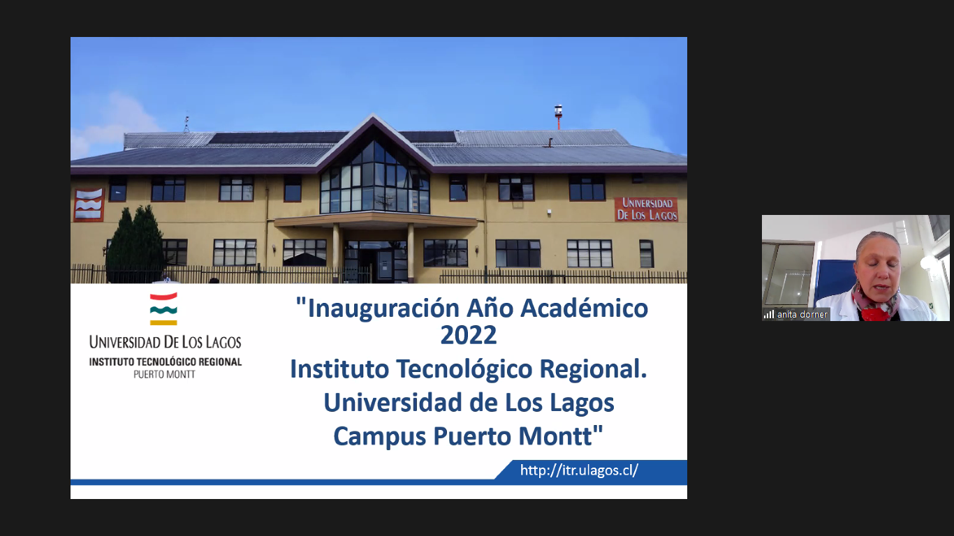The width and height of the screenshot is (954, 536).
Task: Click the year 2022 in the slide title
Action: click(468, 335)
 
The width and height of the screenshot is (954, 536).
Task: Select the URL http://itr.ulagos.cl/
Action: click(579, 470)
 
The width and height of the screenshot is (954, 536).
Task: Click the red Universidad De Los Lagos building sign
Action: click(647, 209)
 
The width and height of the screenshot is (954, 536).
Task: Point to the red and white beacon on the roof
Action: click(558, 117)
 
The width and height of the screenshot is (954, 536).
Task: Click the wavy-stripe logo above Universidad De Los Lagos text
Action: click(163, 309)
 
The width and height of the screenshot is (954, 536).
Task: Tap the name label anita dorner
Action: click(802, 315)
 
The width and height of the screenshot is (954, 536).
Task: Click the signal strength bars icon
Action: click(769, 315)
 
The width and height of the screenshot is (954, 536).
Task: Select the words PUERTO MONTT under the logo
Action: click(164, 375)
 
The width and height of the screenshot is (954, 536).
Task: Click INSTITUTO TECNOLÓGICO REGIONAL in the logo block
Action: click(166, 362)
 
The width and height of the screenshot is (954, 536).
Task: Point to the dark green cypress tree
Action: click(135, 244)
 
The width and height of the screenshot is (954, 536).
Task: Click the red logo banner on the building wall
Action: click(89, 204)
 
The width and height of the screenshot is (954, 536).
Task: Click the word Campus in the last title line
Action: click(379, 437)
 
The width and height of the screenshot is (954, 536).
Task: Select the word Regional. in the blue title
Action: click(593, 369)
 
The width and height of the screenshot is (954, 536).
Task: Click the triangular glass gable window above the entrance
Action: click(375, 177)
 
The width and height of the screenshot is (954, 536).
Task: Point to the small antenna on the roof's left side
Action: click(186, 124)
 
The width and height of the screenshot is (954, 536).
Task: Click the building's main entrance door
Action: click(376, 260)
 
